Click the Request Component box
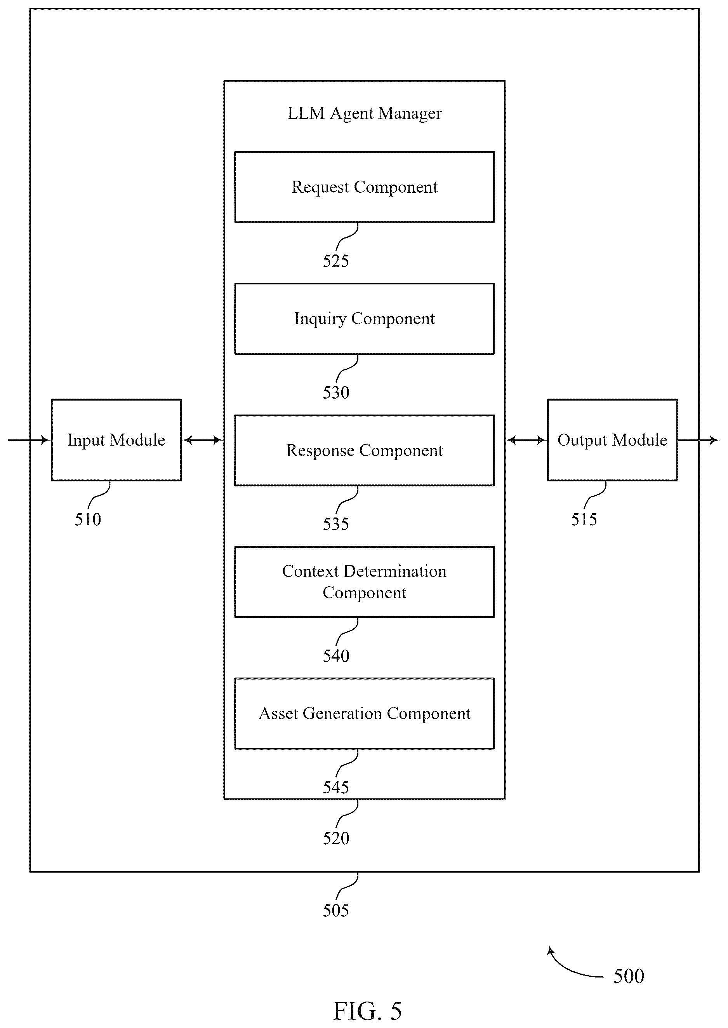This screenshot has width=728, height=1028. pos(365,187)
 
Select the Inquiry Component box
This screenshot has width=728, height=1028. pos(365,319)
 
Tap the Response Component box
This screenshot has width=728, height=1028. pos(365,450)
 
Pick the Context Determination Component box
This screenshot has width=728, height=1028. pos(365,582)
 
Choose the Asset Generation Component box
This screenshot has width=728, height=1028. pos(365,714)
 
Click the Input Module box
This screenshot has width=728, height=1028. pos(116,440)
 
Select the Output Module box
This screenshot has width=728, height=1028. pos(612,440)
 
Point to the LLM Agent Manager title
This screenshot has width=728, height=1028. pos(365,113)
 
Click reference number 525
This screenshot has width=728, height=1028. pos(336,261)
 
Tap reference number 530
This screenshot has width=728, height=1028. pos(336,393)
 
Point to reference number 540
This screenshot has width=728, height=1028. pos(336,656)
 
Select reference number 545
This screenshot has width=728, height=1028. pos(336,788)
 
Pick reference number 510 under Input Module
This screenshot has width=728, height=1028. pos(88,520)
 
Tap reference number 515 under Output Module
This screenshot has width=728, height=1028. pos(584,520)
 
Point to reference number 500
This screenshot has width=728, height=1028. pos(629,976)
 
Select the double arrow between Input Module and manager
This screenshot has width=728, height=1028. pos(203,441)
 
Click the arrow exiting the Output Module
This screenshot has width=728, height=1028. pos(698,441)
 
